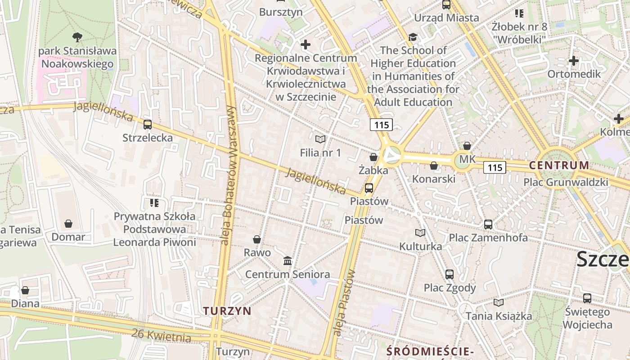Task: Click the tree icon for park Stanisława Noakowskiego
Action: coord(77,37)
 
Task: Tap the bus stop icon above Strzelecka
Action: coord(147,125)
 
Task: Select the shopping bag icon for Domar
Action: coord(68,224)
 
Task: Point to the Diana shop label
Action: coord(25,303)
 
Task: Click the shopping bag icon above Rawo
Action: coord(257,239)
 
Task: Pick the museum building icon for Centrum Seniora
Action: coord(288,261)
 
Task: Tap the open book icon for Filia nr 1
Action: coord(320,139)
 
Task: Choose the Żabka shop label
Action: coord(373,171)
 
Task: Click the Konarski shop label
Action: coord(434,179)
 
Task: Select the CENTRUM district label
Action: coord(559,165)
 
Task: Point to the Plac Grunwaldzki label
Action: coord(566,182)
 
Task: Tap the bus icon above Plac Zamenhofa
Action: coord(488,224)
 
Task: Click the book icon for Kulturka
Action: coord(420,233)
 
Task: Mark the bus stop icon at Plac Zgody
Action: coord(449,274)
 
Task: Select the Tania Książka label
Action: coord(499,316)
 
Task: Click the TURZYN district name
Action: coord(227,311)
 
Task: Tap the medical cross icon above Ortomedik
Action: coord(574,61)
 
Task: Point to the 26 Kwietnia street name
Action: coord(161,335)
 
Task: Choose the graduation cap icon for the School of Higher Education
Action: coord(413,37)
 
